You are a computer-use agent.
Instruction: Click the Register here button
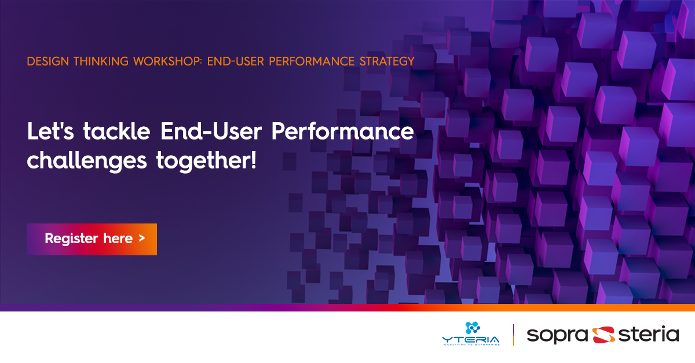coord(92,239)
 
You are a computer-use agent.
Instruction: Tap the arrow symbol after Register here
coord(142,239)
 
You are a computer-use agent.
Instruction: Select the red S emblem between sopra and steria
coord(602,335)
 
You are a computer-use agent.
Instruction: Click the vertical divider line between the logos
coord(514,335)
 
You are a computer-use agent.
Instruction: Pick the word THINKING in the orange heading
coord(105,61)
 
